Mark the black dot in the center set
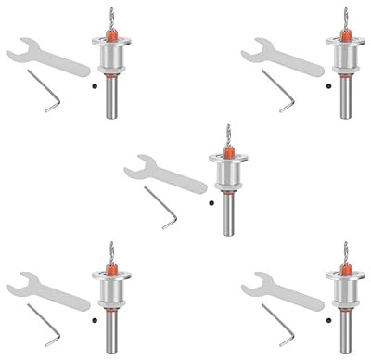pyautogui.click(x=211, y=201)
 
